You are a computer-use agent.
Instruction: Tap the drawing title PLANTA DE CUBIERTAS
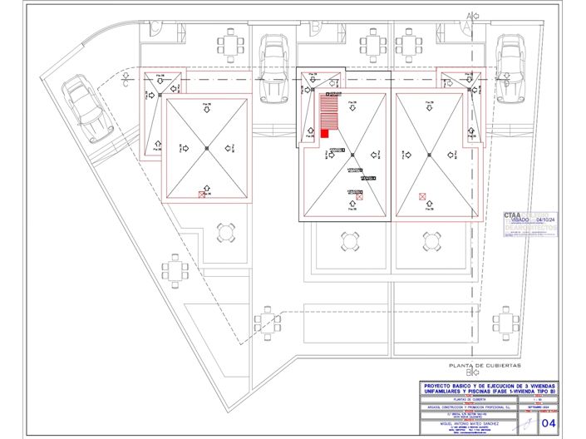[x=484, y=366]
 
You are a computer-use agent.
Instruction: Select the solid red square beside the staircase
[x=324, y=133]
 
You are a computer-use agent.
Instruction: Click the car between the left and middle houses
[x=273, y=65]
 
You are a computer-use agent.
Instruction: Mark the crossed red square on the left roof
[x=202, y=195]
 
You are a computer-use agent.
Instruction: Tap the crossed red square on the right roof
[x=423, y=197]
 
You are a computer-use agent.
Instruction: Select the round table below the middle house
[x=348, y=241]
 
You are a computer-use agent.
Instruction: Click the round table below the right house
[x=431, y=241]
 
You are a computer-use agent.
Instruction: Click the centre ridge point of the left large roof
[x=206, y=149]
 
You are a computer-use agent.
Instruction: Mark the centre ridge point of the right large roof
[x=429, y=153]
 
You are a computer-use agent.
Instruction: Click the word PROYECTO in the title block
[x=439, y=386]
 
